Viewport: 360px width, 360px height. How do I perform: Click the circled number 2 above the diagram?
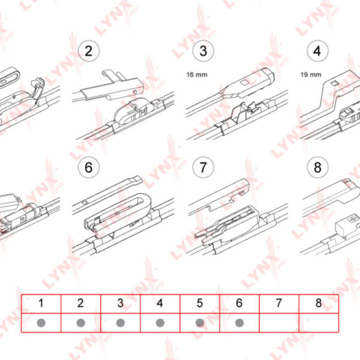89,51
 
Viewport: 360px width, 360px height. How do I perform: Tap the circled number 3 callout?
203,51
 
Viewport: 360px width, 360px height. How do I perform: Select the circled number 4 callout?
317,51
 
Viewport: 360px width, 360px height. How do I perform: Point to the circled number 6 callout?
89,167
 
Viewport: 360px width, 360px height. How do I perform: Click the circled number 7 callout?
203,167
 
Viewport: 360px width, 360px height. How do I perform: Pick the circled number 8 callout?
317,167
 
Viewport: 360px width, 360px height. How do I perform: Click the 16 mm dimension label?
197,74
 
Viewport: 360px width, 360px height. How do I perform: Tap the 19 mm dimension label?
311,74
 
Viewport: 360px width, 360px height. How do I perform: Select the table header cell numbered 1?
41,304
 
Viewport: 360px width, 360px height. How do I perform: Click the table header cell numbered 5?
200,304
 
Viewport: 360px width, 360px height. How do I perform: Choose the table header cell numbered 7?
279,304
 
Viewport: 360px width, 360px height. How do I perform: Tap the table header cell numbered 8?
319,304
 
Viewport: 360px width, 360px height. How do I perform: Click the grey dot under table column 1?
41,323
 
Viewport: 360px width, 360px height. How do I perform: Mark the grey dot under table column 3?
121,323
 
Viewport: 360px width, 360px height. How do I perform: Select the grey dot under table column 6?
239,323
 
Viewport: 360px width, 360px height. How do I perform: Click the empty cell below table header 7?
279,323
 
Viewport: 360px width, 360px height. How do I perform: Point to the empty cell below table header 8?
319,323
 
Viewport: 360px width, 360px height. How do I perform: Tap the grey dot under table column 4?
160,323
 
